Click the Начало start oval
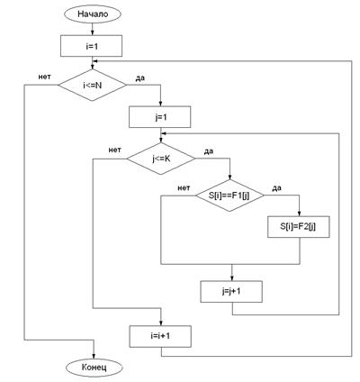point(93,14)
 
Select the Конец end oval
point(94,368)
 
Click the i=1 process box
point(91,46)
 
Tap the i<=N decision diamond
point(93,85)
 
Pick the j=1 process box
point(160,117)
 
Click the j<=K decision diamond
point(161,159)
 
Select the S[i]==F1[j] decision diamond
point(229,196)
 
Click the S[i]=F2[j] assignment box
point(299,227)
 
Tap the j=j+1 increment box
point(231,291)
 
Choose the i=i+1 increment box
point(160,336)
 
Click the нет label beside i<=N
point(44,77)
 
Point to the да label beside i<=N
point(140,78)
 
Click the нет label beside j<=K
point(115,150)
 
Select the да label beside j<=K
point(209,151)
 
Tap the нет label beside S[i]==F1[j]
point(184,188)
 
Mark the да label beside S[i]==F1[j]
point(276,188)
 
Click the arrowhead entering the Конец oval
point(94,356)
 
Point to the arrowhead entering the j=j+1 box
point(231,278)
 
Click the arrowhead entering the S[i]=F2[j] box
point(299,214)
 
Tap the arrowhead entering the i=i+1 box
point(161,323)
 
